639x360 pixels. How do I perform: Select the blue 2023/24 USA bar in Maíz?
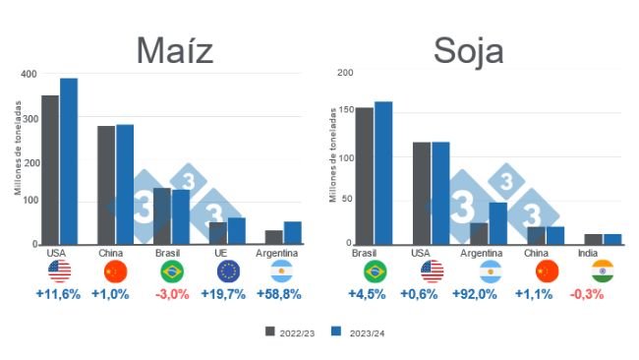tap(68, 161)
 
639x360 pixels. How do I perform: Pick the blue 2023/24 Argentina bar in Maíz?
tap(293, 233)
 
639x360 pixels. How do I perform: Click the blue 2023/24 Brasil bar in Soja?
tap(383, 173)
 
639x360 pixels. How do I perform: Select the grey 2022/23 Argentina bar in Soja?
tap(479, 233)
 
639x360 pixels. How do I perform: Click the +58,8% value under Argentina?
tap(280, 294)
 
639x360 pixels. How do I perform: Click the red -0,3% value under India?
tap(604, 294)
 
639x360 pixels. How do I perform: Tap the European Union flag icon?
tap(228, 271)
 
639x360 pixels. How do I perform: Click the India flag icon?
tap(604, 271)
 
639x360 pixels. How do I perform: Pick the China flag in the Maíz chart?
tap(116, 271)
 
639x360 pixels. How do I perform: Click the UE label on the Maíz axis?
tap(228, 253)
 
